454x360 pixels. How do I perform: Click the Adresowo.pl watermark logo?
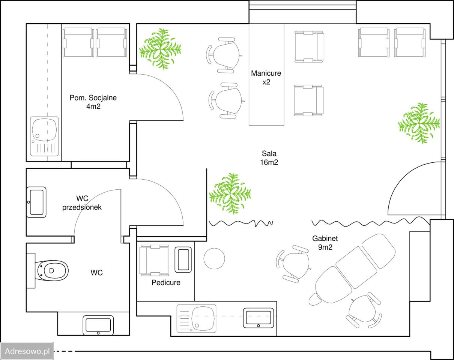click(x=27, y=351)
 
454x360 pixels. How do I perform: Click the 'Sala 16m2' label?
click(x=269, y=158)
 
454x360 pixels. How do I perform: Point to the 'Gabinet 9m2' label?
click(x=325, y=243)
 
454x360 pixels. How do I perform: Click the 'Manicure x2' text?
click(x=266, y=77)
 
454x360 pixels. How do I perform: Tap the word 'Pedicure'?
click(x=166, y=283)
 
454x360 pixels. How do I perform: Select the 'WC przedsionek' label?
click(x=82, y=203)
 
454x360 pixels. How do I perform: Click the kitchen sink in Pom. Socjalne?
click(x=44, y=136)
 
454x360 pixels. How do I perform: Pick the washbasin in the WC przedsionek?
click(x=36, y=202)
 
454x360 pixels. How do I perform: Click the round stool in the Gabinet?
click(x=214, y=258)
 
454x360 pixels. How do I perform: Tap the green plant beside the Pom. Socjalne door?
click(x=160, y=49)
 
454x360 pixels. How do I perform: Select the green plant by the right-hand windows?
click(x=419, y=123)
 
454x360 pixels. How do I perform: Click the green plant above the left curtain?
click(x=230, y=193)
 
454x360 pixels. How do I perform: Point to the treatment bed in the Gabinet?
click(x=352, y=270)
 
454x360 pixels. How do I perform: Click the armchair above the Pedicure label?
click(x=155, y=260)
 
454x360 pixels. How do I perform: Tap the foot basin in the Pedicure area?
click(x=183, y=259)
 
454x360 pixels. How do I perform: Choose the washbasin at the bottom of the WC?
click(x=98, y=325)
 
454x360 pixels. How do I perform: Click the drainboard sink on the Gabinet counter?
click(x=196, y=318)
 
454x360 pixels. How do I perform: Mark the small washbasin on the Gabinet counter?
click(x=259, y=318)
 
